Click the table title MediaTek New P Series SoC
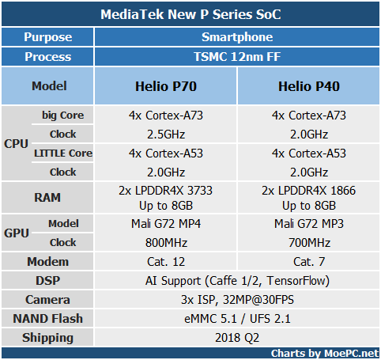tap(190, 14)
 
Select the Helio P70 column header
tap(166, 86)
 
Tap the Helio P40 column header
tap(309, 86)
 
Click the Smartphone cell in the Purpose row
tap(237, 37)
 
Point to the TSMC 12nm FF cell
tap(237, 56)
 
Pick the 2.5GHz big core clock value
tap(166, 135)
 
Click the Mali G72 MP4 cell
tap(166, 224)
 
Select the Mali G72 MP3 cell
tap(309, 224)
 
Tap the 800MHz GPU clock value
tap(166, 243)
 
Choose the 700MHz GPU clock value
tap(309, 243)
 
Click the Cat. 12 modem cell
tap(166, 262)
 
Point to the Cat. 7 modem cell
tap(309, 262)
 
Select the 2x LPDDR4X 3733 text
tap(165, 191)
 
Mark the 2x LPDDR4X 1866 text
tap(308, 191)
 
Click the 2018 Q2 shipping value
tap(237, 338)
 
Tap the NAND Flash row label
tap(47, 319)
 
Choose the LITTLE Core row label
tap(63, 153)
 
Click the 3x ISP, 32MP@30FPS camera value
tap(237, 300)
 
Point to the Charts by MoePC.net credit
tap(325, 354)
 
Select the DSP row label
tap(47, 281)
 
